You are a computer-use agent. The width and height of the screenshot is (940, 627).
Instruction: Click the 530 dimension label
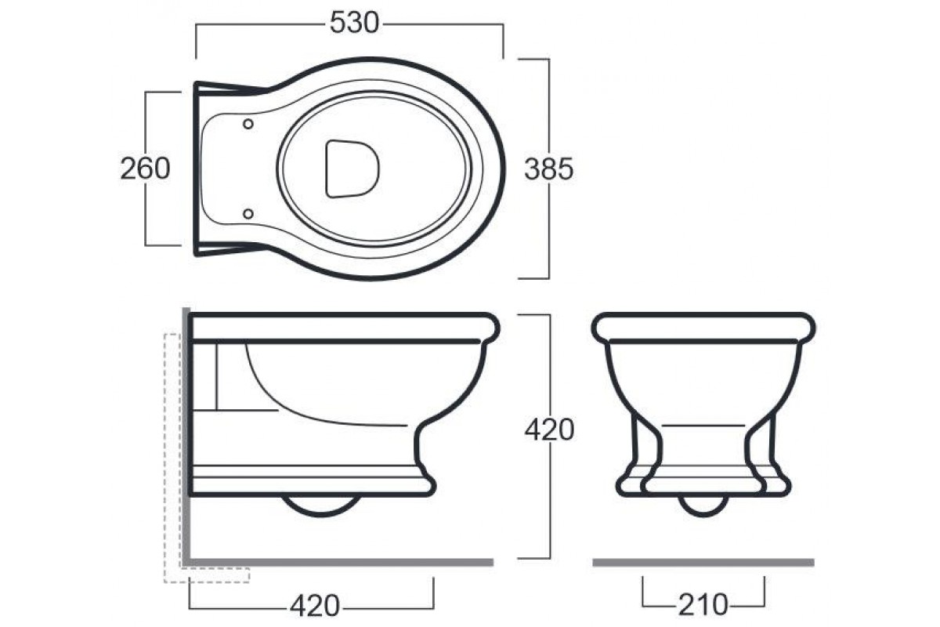pos(354,23)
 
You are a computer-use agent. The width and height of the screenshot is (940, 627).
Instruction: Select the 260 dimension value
pos(145,169)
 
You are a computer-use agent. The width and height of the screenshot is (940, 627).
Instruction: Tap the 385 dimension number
pos(549,169)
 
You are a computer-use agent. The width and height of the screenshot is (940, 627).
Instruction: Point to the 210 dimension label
pos(703,605)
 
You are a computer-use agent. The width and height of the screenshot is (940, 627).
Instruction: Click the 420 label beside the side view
pos(549,429)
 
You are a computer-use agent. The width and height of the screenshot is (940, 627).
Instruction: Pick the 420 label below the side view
pos(315,606)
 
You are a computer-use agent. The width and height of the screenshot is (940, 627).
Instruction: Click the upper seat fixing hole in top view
pos(248,124)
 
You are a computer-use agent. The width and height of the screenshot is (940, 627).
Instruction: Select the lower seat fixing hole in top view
pos(248,214)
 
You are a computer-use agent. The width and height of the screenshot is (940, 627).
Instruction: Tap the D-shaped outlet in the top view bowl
pos(352,169)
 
